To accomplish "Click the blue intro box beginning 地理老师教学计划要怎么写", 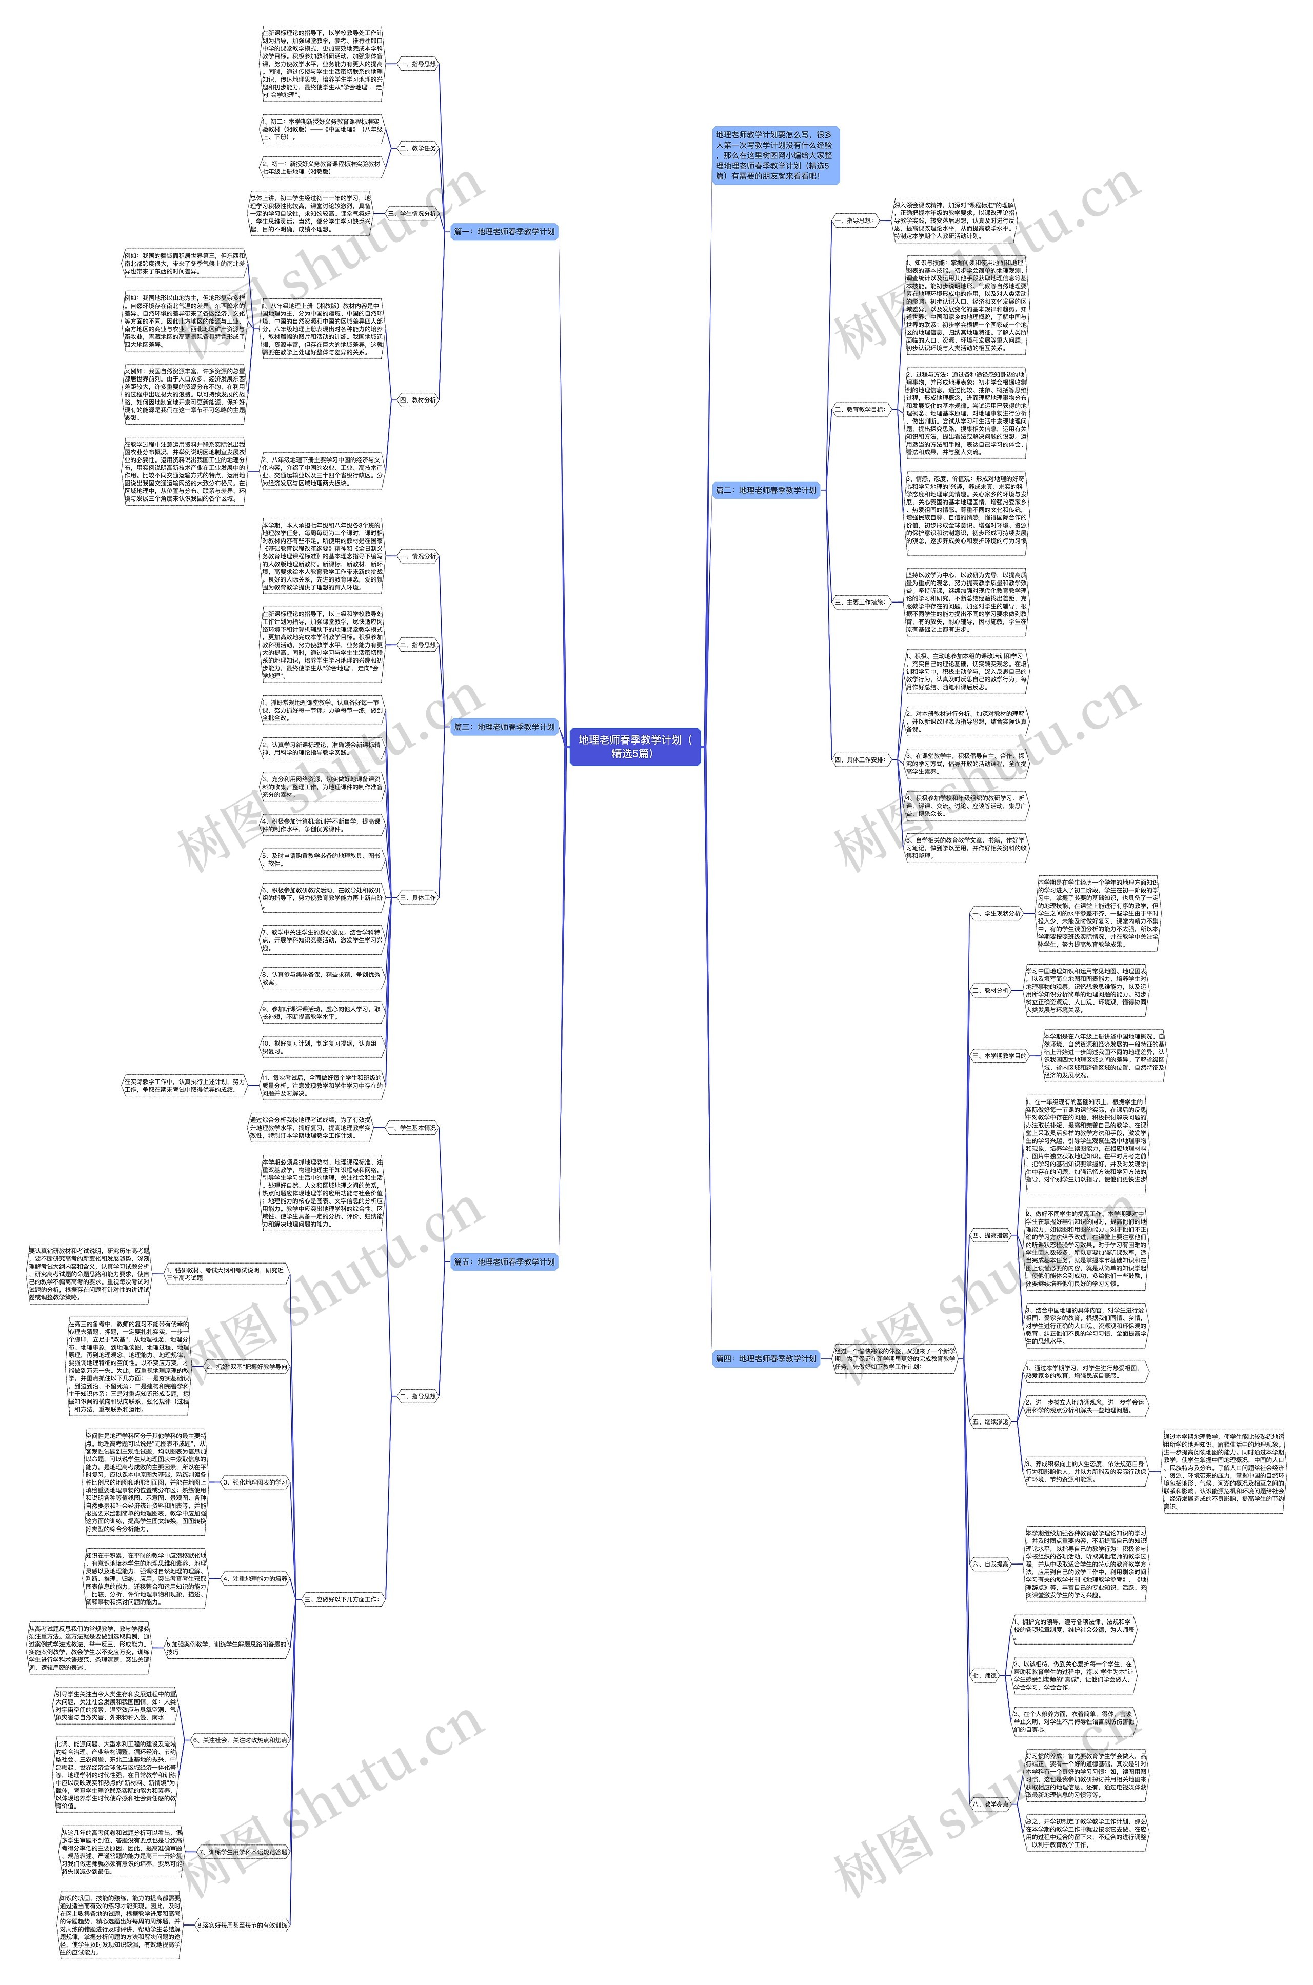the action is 774,155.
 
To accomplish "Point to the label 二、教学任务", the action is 418,148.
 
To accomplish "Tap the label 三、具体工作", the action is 418,897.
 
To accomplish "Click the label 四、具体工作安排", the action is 859,759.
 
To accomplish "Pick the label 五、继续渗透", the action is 990,1421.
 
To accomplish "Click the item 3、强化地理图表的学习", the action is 254,1482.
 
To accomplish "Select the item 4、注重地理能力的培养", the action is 254,1578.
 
